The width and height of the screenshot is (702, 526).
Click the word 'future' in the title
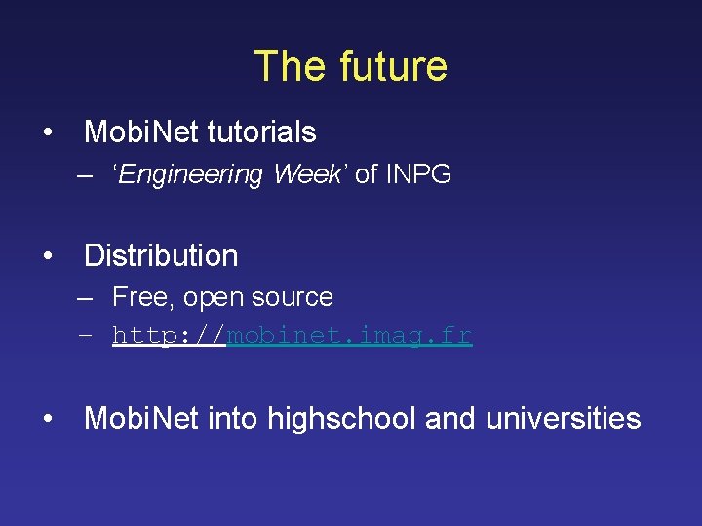pyautogui.click(x=394, y=66)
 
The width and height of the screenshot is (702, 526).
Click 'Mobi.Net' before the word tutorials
pyautogui.click(x=137, y=131)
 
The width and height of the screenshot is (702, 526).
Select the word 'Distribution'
pyautogui.click(x=161, y=255)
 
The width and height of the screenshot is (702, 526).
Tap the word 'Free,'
pyautogui.click(x=144, y=297)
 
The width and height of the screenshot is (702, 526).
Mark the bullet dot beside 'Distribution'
pyautogui.click(x=47, y=256)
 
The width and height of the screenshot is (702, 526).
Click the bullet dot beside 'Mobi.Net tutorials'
pyautogui.click(x=47, y=132)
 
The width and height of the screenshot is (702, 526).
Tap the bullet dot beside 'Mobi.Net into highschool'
pyautogui.click(x=47, y=420)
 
